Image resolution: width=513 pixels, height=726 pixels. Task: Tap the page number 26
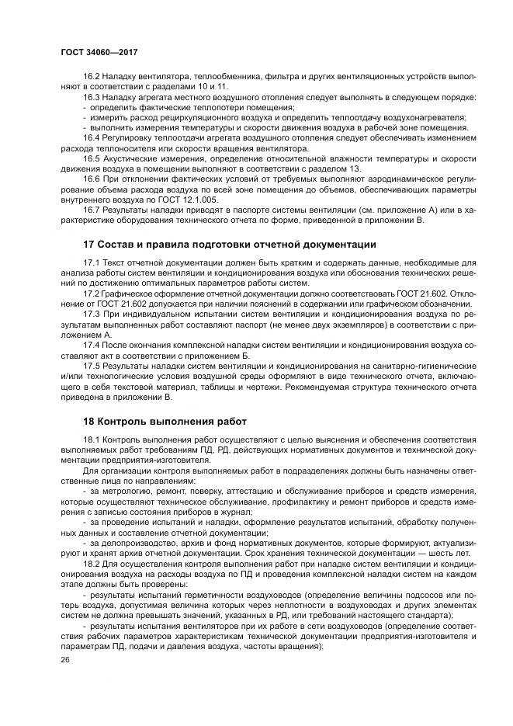[64, 659]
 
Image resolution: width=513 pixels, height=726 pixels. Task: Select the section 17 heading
[218, 243]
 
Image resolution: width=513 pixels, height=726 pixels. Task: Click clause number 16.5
[92, 158]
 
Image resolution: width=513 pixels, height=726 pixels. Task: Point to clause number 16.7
[92, 209]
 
